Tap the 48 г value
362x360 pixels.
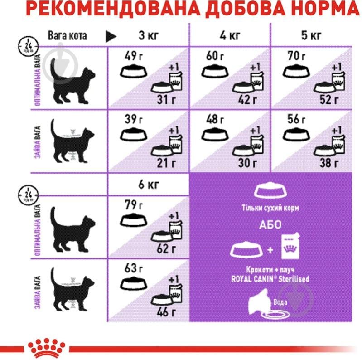(x=215, y=120)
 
